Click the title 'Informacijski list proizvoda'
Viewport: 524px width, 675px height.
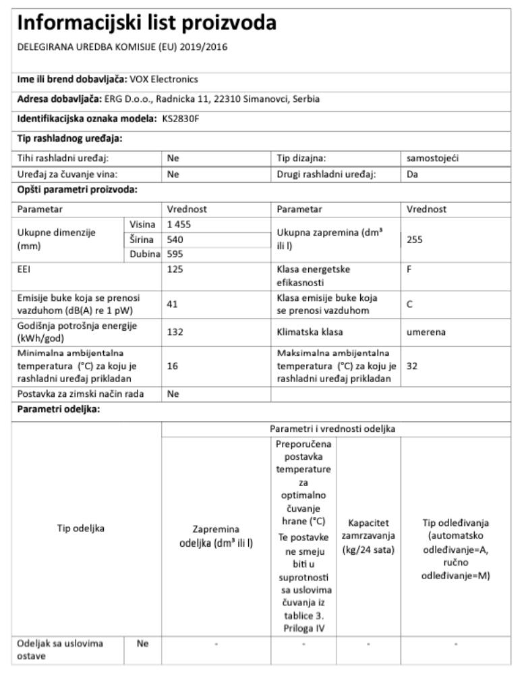(x=147, y=24)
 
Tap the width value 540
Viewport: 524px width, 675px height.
(x=175, y=239)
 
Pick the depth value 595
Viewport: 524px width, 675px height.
(x=175, y=254)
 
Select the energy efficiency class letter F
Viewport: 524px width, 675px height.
(x=409, y=269)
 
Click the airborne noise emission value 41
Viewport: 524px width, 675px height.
(x=173, y=304)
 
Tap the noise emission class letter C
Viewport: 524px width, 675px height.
(x=410, y=304)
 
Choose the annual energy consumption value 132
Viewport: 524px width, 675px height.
(x=175, y=331)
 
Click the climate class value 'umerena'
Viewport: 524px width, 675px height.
(x=426, y=331)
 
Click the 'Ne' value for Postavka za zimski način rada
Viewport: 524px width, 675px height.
(x=173, y=395)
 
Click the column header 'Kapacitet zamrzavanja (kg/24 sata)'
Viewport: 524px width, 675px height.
(x=368, y=537)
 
